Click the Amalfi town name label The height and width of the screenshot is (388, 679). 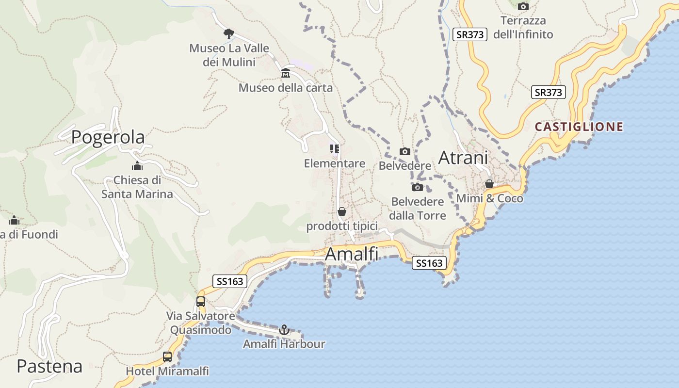coord(352,254)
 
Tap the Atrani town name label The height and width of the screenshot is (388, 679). coord(463,158)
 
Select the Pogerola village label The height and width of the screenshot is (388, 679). coord(108,137)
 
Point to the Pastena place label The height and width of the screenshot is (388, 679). coord(49,366)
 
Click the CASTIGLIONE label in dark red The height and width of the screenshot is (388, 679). coord(579,127)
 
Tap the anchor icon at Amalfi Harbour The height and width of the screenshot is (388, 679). coord(284,330)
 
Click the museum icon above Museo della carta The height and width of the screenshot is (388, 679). coord(286,73)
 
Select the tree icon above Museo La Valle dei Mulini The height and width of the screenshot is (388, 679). coord(228,33)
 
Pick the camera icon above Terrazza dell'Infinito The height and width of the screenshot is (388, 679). coord(523,6)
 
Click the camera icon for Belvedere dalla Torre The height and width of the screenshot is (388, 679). coord(417,187)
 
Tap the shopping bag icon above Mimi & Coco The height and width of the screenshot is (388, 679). coord(489,184)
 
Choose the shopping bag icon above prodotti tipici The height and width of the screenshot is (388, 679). coord(342,211)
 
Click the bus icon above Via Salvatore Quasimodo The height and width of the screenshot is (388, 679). coord(201,301)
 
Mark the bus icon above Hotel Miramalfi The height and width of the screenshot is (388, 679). coord(167,357)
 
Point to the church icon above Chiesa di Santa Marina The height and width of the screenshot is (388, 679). coord(137,166)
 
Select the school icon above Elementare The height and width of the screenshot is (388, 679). coord(334,149)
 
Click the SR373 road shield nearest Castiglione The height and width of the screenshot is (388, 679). coord(549,92)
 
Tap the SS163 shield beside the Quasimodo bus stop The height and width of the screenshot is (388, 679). coord(230,281)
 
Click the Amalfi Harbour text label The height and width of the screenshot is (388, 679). coord(284,344)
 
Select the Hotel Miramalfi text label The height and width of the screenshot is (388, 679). coord(167,372)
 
